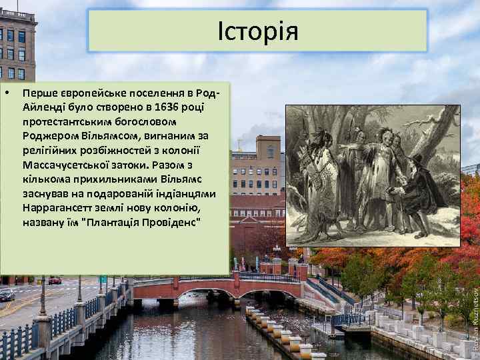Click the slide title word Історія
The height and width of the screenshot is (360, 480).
click(257, 31)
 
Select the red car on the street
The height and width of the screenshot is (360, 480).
click(55, 280)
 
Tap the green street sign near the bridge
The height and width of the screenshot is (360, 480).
click(103, 279)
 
